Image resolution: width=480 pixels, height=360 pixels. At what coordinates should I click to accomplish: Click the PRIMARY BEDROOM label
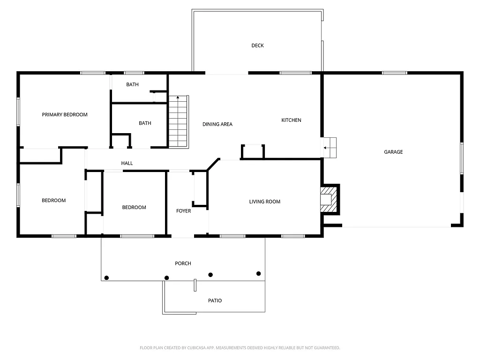[x=65, y=114]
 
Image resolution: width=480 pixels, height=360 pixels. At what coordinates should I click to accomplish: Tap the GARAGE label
[x=393, y=152]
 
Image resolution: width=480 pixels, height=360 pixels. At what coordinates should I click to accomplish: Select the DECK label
[x=257, y=45]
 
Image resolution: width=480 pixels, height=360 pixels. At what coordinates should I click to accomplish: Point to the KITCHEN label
[x=291, y=120]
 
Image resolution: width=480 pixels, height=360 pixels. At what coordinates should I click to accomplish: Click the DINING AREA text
[x=217, y=124]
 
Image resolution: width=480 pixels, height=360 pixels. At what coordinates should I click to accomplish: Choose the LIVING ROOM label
[x=265, y=202]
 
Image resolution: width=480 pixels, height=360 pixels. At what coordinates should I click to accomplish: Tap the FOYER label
[x=183, y=211]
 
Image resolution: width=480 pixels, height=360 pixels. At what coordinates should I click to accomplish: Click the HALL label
[x=127, y=163]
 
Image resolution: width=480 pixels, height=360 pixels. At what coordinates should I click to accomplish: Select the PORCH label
[x=183, y=263]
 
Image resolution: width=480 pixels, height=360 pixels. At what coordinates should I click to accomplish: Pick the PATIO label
[x=215, y=300]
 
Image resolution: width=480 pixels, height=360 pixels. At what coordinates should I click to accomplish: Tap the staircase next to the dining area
[x=178, y=121]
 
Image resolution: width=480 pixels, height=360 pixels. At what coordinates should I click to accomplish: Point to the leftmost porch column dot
[x=106, y=278]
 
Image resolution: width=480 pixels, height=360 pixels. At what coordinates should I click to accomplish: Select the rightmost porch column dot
[x=258, y=273]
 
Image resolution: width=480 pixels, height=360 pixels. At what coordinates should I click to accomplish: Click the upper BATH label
[x=132, y=85]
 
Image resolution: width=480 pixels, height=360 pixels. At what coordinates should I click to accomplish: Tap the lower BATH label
[x=145, y=123]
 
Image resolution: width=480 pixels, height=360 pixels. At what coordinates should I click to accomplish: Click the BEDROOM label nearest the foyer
[x=134, y=207]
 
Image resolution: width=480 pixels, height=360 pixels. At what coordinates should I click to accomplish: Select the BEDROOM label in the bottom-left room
[x=53, y=201]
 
